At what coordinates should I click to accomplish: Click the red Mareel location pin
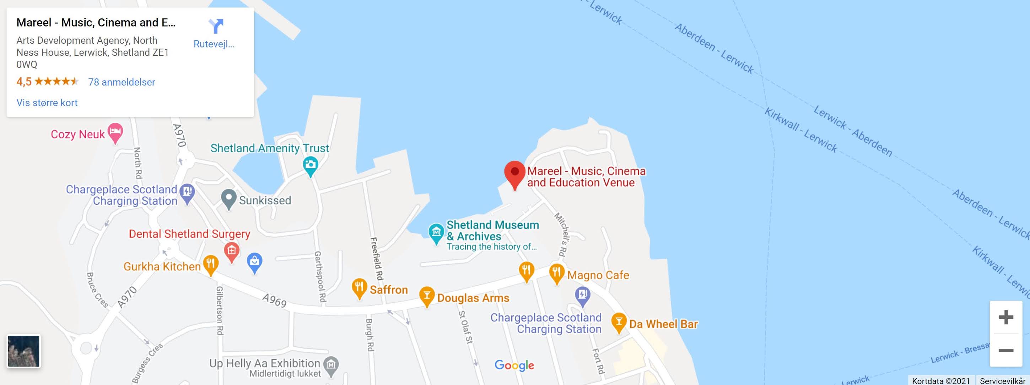click(514, 173)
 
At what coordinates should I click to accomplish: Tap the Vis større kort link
click(47, 103)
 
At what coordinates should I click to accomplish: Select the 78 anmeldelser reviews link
click(122, 82)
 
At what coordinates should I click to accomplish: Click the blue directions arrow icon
click(216, 26)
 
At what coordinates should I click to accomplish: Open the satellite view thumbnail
click(23, 351)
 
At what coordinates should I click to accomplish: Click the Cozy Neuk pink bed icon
click(115, 131)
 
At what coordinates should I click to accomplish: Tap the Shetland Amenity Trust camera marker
click(310, 165)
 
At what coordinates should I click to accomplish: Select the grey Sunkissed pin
click(228, 198)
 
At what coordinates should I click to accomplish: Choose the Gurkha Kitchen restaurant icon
click(211, 264)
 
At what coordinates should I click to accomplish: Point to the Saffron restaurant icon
click(359, 287)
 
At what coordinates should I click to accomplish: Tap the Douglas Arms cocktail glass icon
click(427, 296)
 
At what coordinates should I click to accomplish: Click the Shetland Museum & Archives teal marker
click(436, 232)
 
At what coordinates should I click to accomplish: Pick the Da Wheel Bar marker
click(619, 321)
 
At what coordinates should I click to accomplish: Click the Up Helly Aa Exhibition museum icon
click(331, 365)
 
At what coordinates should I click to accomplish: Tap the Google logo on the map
click(514, 365)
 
